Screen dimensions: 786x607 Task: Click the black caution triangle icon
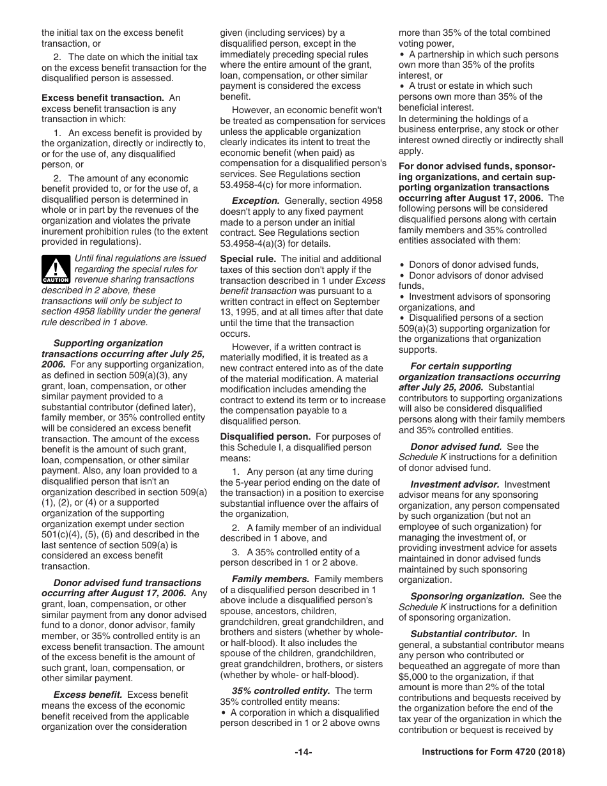pyautogui.click(x=56, y=269)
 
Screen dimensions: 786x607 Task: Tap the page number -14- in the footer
pyautogui.click(x=303, y=752)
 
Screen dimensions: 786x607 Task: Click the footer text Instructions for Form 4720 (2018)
pyautogui.click(x=493, y=752)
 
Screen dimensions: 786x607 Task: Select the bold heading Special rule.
pyautogui.click(x=248, y=259)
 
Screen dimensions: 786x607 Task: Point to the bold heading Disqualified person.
pyautogui.click(x=265, y=436)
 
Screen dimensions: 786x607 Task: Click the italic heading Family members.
pyautogui.click(x=270, y=579)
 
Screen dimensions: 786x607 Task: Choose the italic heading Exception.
pyautogui.click(x=256, y=201)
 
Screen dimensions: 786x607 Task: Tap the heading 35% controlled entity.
pyautogui.click(x=280, y=691)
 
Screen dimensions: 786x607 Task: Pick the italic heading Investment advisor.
pyautogui.click(x=454, y=484)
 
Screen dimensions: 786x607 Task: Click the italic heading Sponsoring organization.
pyautogui.click(x=467, y=596)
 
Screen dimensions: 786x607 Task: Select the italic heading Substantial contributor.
pyautogui.click(x=463, y=634)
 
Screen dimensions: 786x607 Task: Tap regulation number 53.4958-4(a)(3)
pyautogui.click(x=261, y=243)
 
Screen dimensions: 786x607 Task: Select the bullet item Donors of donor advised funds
pyautogui.click(x=473, y=265)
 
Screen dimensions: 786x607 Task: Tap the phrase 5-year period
pyautogui.click(x=248, y=482)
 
